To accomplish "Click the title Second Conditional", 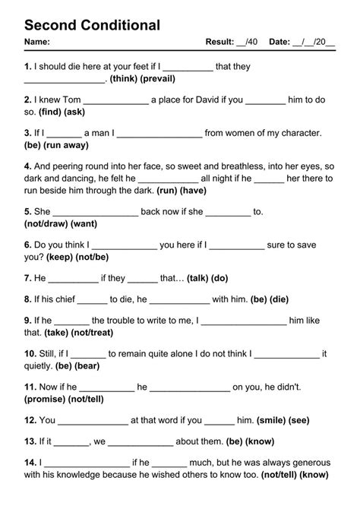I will click(x=92, y=25).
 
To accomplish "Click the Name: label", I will click(x=37, y=41).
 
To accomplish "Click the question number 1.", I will click(x=27, y=67).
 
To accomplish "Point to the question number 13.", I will click(x=30, y=441).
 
